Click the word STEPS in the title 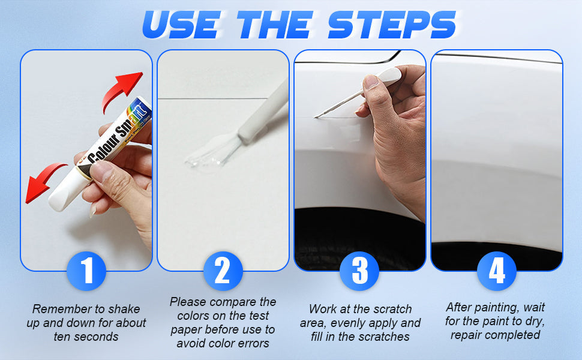pyautogui.click(x=392, y=25)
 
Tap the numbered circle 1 pyautogui.click(x=86, y=271)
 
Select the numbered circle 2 pyautogui.click(x=223, y=271)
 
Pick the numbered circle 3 pyautogui.click(x=359, y=271)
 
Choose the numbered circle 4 pyautogui.click(x=497, y=271)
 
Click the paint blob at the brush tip pyautogui.click(x=203, y=160)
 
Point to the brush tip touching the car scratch pyautogui.click(x=316, y=117)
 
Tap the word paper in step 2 pyautogui.click(x=187, y=330)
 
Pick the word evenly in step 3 pyautogui.click(x=347, y=323)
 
